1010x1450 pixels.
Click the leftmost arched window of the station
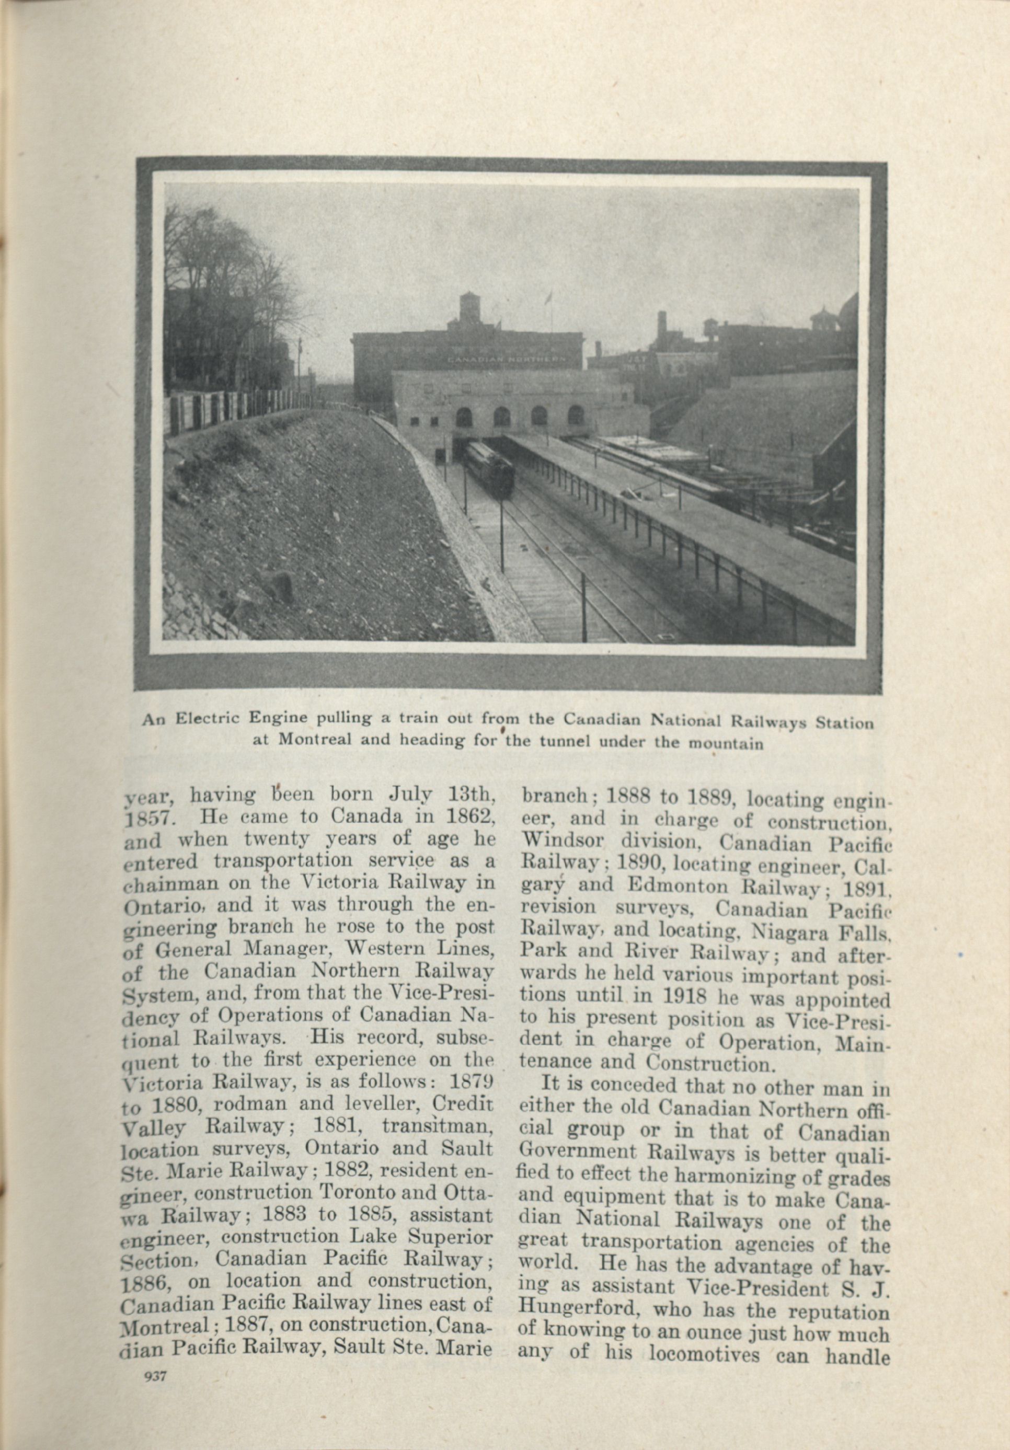click(464, 416)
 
